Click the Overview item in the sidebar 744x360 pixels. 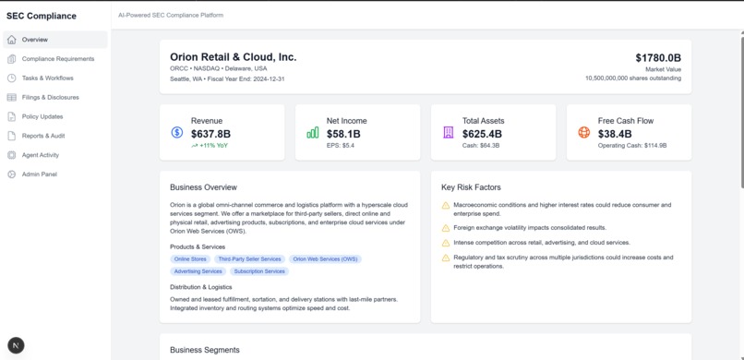point(35,40)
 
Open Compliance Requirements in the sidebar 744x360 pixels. point(57,59)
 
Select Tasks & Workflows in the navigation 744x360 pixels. point(47,78)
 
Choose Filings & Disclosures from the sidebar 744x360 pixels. point(50,97)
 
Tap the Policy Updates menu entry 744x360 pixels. point(42,116)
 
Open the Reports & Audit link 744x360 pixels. point(43,136)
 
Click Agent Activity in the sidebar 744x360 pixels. point(40,155)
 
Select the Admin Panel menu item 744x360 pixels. point(39,174)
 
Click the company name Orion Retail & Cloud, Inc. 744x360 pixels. point(233,57)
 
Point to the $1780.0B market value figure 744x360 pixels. point(657,58)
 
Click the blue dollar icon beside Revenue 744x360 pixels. point(177,133)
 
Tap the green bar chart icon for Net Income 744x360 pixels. point(313,133)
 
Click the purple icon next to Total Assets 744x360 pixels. point(449,133)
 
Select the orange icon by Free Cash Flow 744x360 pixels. point(584,133)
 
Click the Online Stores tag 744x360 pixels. point(190,259)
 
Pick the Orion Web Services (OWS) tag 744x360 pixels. point(325,259)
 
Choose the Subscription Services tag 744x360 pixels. point(259,271)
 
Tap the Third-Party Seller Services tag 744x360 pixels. point(249,259)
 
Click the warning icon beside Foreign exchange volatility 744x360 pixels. point(446,228)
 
